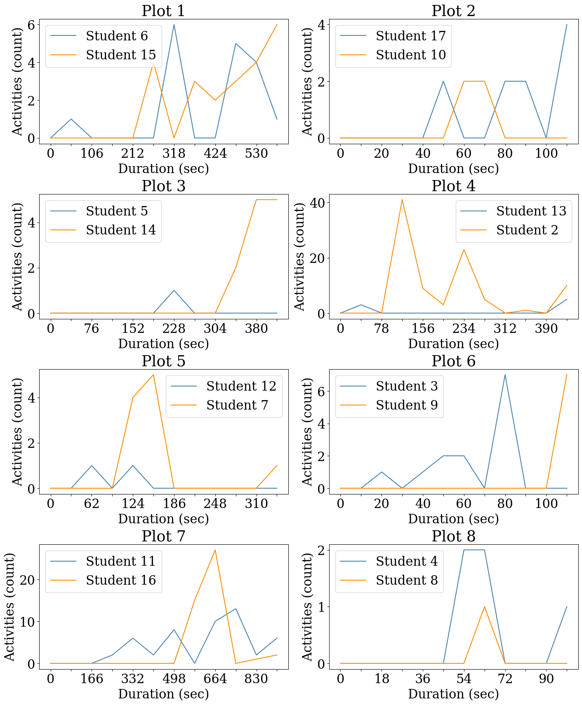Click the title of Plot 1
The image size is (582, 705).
click(163, 11)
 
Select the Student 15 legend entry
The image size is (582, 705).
click(120, 55)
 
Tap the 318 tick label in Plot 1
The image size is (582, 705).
click(174, 153)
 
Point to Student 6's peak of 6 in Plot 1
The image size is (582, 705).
click(174, 25)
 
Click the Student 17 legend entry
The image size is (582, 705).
click(410, 36)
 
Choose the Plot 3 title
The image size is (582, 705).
click(163, 186)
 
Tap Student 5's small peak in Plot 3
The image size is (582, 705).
click(174, 290)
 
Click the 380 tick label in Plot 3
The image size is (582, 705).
click(256, 328)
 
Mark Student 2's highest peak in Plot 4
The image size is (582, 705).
click(402, 200)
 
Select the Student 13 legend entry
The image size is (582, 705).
click(531, 211)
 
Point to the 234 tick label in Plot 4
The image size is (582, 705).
click(464, 328)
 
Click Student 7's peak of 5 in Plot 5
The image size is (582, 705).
click(153, 375)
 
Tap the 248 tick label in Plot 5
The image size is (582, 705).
click(215, 504)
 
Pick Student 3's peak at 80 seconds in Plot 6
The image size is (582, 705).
click(505, 375)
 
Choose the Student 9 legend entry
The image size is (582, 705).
click(406, 405)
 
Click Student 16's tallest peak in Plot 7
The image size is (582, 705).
click(215, 550)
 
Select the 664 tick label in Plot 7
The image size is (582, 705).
click(215, 679)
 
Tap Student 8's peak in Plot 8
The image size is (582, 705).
click(484, 607)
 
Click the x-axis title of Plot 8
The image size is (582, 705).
click(453, 694)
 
